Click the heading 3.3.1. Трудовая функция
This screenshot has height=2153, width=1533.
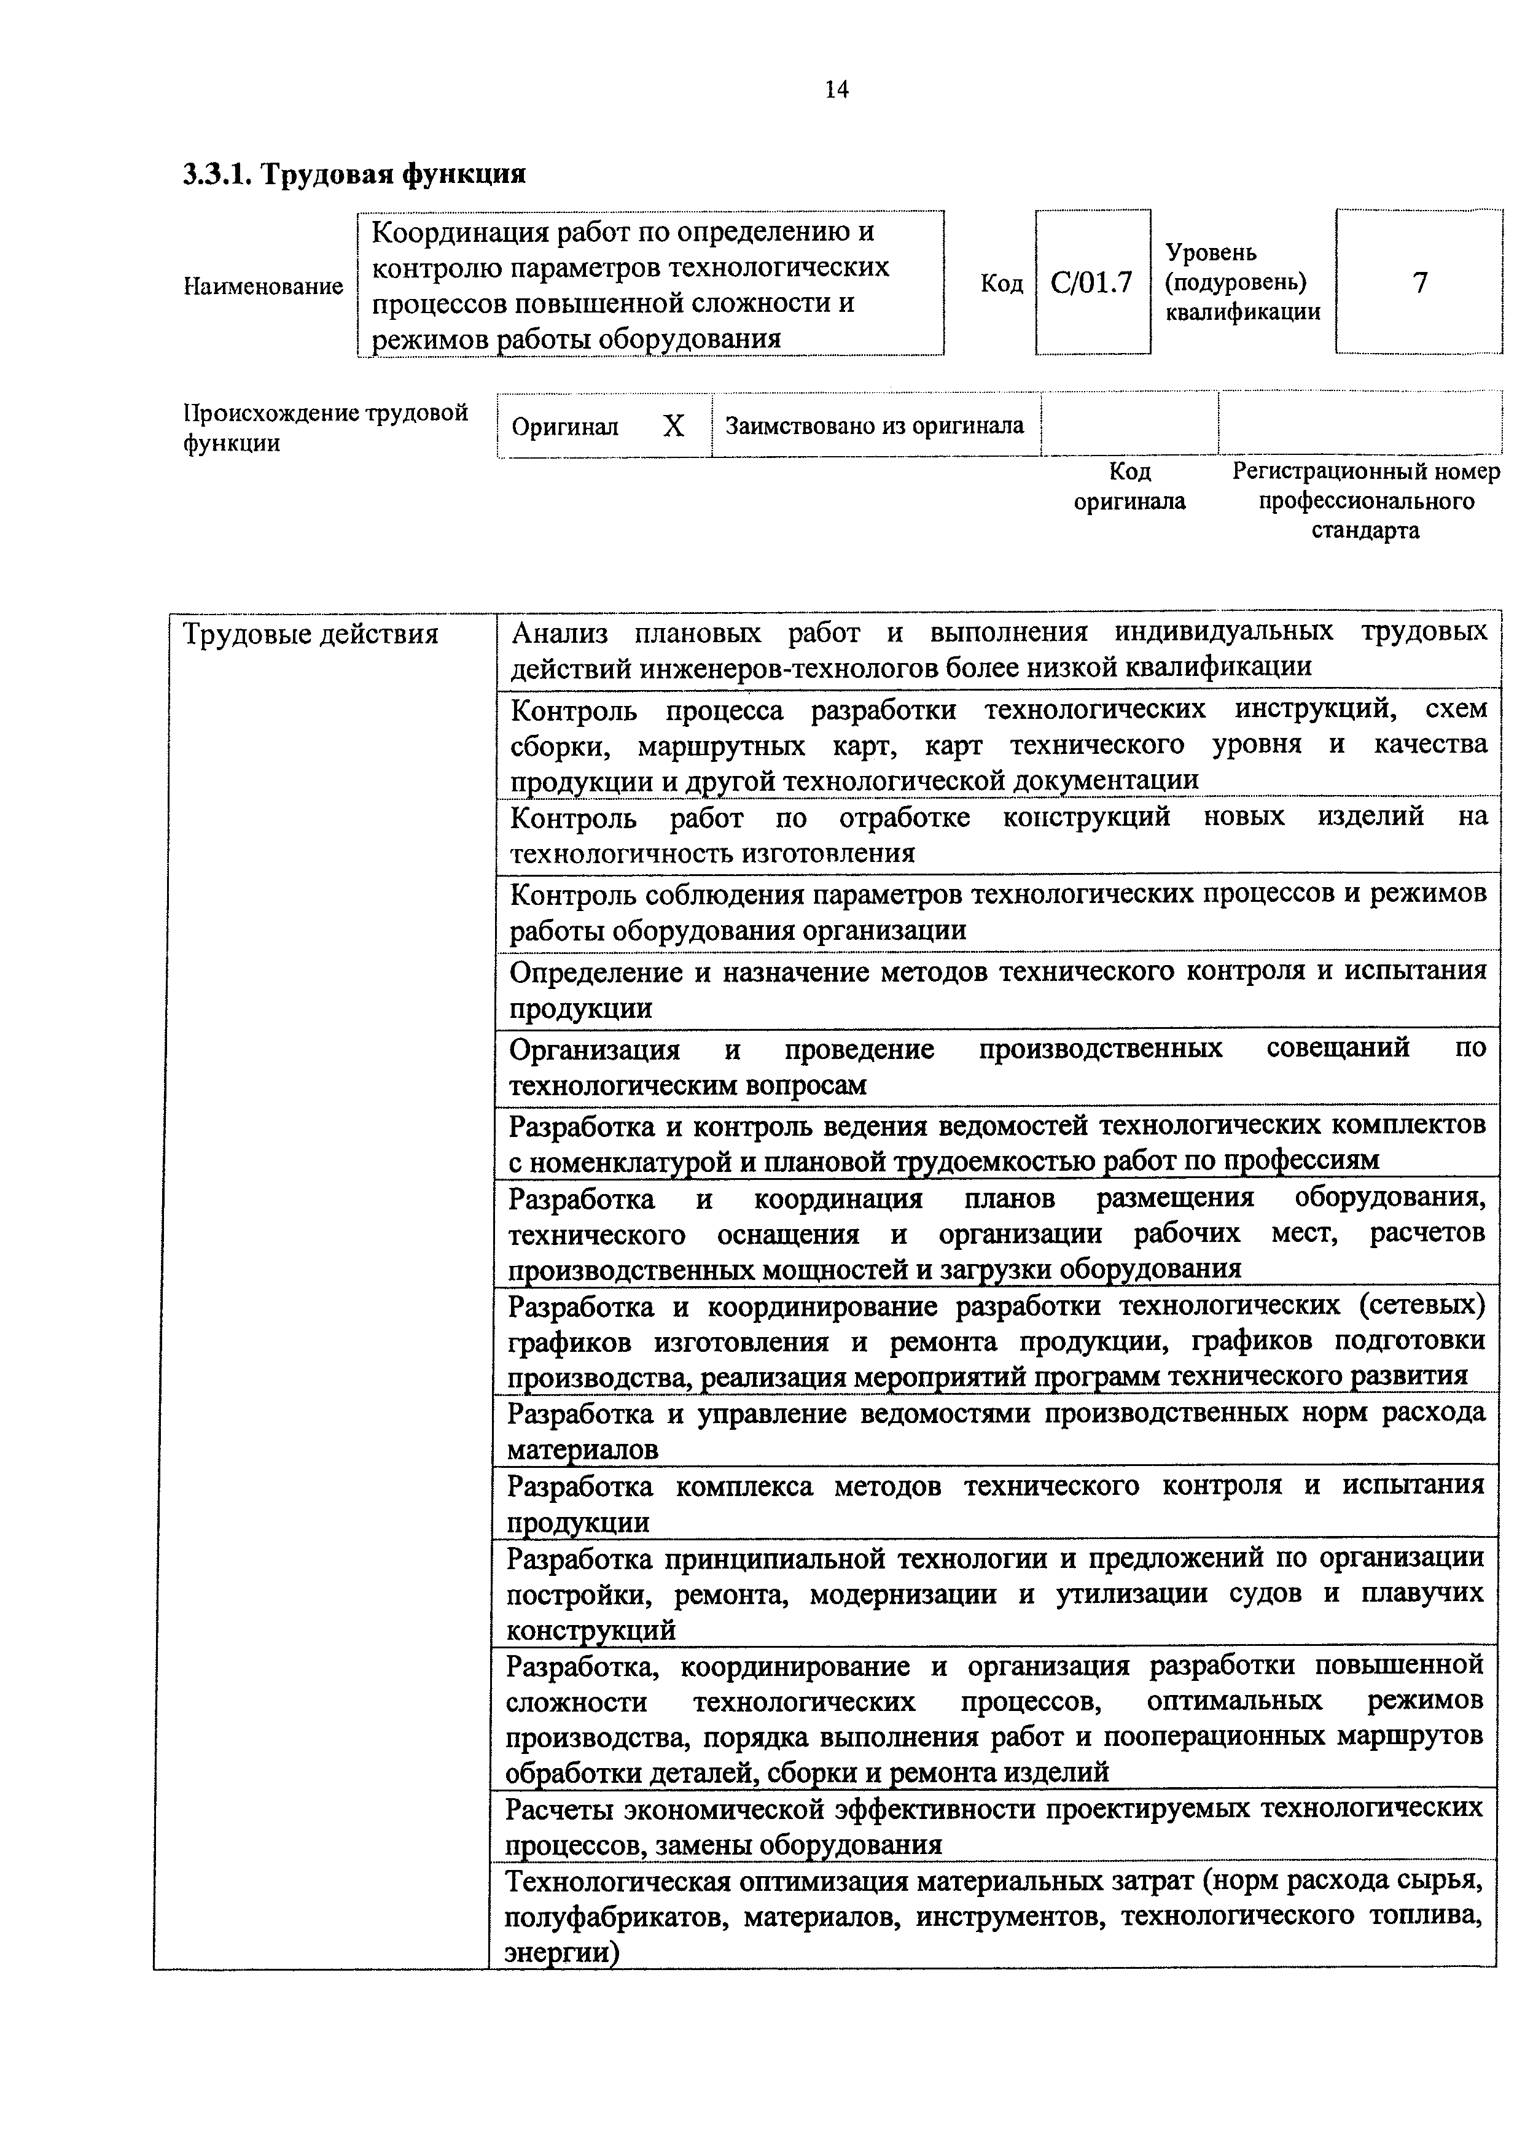click(x=354, y=174)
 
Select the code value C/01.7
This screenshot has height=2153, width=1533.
click(x=1091, y=283)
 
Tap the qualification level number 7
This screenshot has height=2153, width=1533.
click(x=1420, y=283)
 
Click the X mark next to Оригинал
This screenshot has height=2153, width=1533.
click(x=673, y=427)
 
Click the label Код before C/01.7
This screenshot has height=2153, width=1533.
click(x=1002, y=284)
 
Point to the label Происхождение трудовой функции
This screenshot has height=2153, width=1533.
click(x=326, y=427)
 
